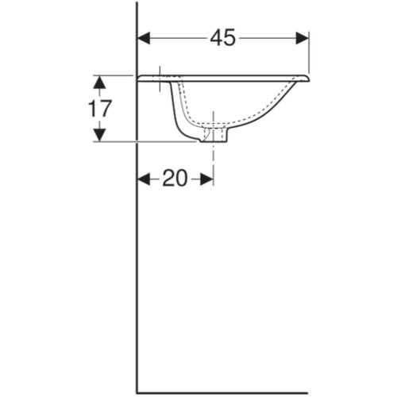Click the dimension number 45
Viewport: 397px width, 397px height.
[x=222, y=37]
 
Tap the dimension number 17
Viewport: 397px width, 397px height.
[x=99, y=109]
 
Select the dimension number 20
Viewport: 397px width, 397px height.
[x=175, y=178]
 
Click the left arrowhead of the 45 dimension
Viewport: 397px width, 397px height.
[x=144, y=38]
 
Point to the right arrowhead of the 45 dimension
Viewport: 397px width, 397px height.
[x=303, y=38]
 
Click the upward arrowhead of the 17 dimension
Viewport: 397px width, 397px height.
[x=100, y=82]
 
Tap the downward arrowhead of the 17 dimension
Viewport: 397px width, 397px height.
[x=100, y=135]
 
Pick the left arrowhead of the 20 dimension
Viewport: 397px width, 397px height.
[x=144, y=179]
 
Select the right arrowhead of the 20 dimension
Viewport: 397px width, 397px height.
[x=206, y=179]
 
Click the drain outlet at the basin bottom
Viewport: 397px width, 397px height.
[x=214, y=136]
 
